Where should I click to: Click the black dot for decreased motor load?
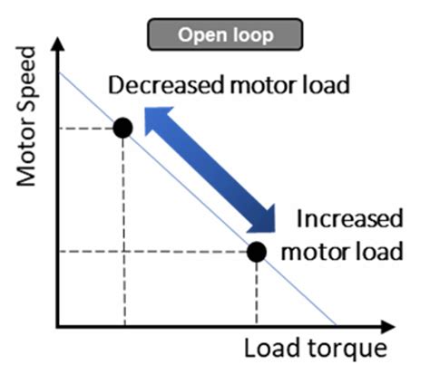(x=123, y=128)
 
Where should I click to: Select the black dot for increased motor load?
(x=257, y=251)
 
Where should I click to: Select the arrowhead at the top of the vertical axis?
(x=57, y=43)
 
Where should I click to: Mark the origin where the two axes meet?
(x=57, y=324)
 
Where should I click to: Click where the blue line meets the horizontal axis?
(x=336, y=324)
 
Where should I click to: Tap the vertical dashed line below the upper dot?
(x=123, y=226)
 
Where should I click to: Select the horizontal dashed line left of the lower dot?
(x=154, y=251)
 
